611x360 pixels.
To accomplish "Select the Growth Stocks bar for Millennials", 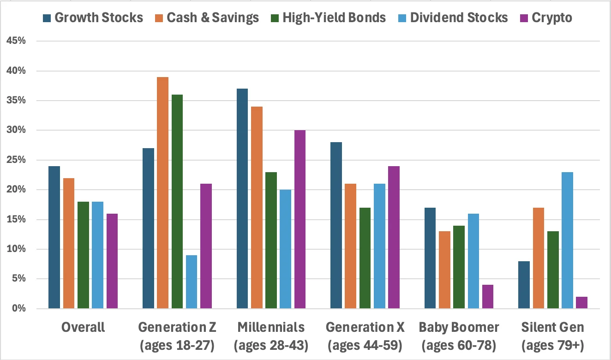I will click(x=242, y=198).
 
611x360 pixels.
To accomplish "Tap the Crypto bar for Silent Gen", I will click(x=581, y=303).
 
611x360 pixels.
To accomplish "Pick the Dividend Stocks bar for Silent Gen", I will click(x=567, y=240).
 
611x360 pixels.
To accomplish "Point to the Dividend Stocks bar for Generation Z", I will click(x=191, y=282).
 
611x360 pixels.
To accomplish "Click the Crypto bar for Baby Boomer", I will click(x=488, y=297).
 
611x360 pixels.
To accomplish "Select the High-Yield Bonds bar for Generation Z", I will click(x=177, y=201).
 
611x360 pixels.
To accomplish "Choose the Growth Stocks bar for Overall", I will click(x=54, y=237).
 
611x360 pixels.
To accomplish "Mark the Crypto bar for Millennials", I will click(x=300, y=219).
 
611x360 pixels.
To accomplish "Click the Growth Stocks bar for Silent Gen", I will click(x=524, y=285).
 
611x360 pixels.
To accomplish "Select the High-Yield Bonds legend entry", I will click(x=328, y=18).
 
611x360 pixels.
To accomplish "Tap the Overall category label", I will click(x=83, y=328).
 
